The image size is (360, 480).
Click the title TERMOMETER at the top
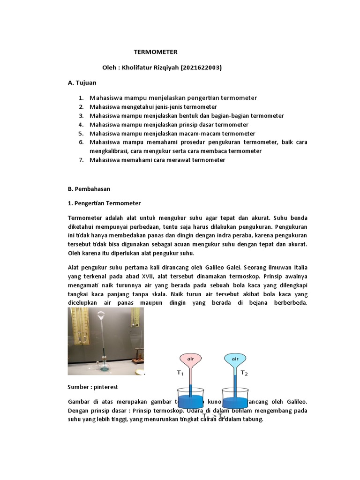pyautogui.click(x=156, y=52)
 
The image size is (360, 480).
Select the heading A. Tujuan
pyautogui.click(x=82, y=82)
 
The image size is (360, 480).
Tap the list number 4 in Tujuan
pyautogui.click(x=81, y=125)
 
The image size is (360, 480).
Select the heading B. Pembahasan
pyautogui.click(x=89, y=188)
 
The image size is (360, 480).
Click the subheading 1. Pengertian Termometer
pyautogui.click(x=104, y=203)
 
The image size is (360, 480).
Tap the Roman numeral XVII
pyautogui.click(x=169, y=276)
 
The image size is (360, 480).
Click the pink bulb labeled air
pyautogui.click(x=190, y=360)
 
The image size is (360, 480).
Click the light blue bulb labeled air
pyautogui.click(x=235, y=360)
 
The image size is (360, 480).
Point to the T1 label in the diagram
pyautogui.click(x=180, y=373)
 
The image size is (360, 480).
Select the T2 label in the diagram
pyautogui.click(x=244, y=373)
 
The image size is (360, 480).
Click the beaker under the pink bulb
pyautogui.click(x=190, y=398)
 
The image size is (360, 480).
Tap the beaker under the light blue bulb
pyautogui.click(x=235, y=398)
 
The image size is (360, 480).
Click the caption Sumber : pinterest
pyautogui.click(x=93, y=387)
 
